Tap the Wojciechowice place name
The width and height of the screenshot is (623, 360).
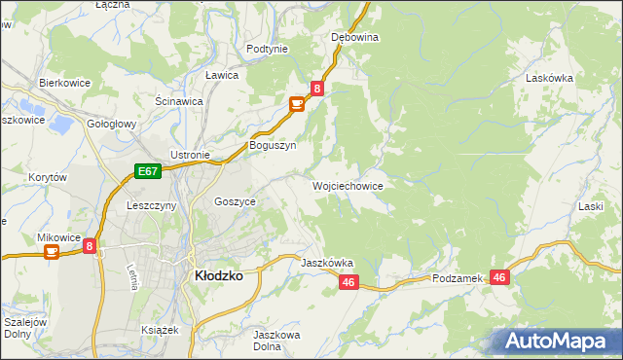coord(348,185)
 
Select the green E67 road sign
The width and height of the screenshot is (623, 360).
coord(147,172)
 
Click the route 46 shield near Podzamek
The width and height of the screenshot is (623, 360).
coord(500,277)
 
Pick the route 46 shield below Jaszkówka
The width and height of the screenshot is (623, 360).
coord(350,282)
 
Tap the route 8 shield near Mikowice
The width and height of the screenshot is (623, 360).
coord(90,247)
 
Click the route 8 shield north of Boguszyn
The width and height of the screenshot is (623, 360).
coord(316,89)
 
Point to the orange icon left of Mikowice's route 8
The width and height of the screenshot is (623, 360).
coord(52,252)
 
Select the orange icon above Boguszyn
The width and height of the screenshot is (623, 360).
coord(296,104)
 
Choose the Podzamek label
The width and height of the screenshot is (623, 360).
coord(458,278)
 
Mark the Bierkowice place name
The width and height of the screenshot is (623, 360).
coord(64,84)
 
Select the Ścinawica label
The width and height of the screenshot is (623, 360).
coord(179,100)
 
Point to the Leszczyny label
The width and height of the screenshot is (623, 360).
coord(151,206)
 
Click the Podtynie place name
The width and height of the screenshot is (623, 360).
coord(267,49)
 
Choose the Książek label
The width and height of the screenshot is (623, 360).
coord(161,330)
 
